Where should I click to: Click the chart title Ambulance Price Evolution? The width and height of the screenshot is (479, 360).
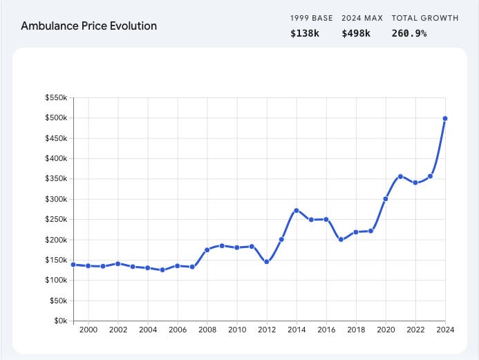tap(88, 26)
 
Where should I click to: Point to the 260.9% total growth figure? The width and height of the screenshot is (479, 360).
tap(409, 32)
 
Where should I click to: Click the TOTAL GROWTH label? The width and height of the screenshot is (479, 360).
tap(424, 18)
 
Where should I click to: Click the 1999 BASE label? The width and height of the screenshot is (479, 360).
tap(311, 18)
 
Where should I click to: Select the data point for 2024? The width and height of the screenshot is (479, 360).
tap(445, 118)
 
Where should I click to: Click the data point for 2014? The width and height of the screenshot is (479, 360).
tap(296, 210)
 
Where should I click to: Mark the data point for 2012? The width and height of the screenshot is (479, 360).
tap(266, 262)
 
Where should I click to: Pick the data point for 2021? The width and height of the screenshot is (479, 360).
tap(400, 176)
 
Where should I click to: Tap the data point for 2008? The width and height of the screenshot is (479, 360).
tap(207, 249)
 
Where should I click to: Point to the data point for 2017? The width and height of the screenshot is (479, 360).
tap(341, 240)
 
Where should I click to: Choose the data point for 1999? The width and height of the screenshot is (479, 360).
tap(73, 265)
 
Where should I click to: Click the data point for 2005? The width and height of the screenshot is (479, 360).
tap(162, 270)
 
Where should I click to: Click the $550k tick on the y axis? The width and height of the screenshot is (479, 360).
tap(56, 97)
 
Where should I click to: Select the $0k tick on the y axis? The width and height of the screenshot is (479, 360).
tap(60, 321)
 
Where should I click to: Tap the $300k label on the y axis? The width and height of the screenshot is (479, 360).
tap(56, 199)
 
